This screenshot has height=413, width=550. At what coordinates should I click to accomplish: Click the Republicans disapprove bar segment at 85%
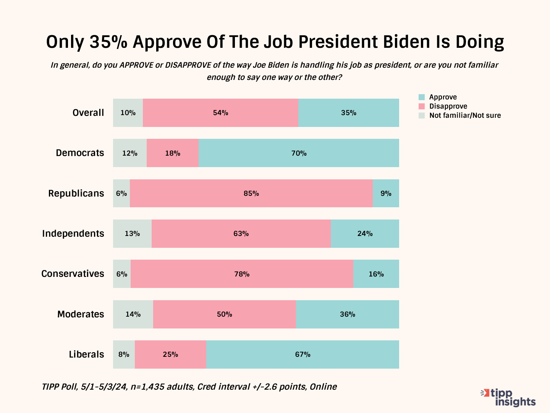(251, 193)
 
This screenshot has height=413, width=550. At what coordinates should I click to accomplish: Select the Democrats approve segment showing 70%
(299, 153)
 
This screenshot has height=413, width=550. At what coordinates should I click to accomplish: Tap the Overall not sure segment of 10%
(128, 113)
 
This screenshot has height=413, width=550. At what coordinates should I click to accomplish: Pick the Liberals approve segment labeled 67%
(302, 354)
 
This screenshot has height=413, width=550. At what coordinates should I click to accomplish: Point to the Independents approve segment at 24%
(365, 234)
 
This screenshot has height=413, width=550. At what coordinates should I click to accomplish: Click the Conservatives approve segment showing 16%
(376, 274)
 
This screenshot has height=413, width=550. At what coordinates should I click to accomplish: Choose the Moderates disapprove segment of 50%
(225, 314)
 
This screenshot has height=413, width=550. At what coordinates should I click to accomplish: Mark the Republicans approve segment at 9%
(386, 193)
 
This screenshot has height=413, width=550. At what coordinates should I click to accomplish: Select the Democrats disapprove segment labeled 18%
(173, 153)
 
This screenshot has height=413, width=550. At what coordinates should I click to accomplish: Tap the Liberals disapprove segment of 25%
(170, 354)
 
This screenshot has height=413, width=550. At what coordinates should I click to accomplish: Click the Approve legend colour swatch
(422, 97)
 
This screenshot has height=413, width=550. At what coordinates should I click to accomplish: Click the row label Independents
(73, 234)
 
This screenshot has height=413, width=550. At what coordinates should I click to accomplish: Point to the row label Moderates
(81, 314)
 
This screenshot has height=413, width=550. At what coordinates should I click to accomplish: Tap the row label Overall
(88, 113)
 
